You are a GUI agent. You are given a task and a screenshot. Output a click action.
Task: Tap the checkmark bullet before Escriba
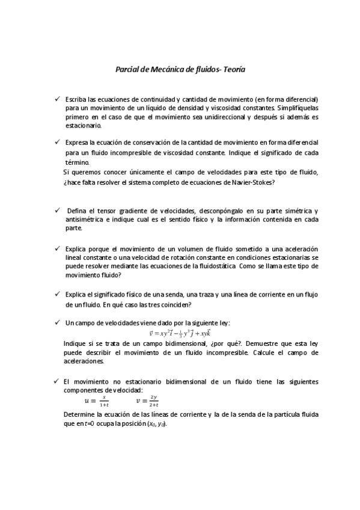[x=56, y=98]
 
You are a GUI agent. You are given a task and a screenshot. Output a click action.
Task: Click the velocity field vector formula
[x=179, y=333]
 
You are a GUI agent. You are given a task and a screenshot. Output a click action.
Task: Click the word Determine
[x=81, y=414]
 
